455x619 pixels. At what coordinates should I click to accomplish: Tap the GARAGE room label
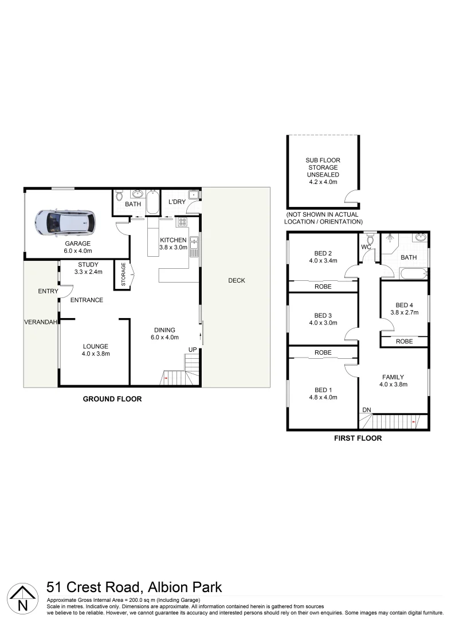pyautogui.click(x=77, y=244)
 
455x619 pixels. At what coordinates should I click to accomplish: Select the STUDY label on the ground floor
pyautogui.click(x=88, y=264)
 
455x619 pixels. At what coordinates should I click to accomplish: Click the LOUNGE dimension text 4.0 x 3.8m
pyautogui.click(x=95, y=354)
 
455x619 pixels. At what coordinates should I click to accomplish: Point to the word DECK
pyautogui.click(x=236, y=280)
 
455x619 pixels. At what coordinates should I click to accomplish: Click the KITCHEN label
pyautogui.click(x=173, y=240)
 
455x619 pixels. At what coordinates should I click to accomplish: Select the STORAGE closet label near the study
pyautogui.click(x=121, y=275)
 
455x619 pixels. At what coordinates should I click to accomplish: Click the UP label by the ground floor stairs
pyautogui.click(x=193, y=349)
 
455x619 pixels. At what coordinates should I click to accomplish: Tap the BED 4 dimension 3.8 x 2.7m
pyautogui.click(x=405, y=312)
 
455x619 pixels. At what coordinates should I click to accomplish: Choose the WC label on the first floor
pyautogui.click(x=366, y=247)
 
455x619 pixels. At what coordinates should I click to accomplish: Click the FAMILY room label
pyautogui.click(x=393, y=377)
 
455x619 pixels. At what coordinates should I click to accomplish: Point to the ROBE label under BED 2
pyautogui.click(x=323, y=286)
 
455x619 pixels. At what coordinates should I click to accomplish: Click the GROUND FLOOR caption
pyautogui.click(x=112, y=399)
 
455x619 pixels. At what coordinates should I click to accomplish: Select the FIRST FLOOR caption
pyautogui.click(x=358, y=438)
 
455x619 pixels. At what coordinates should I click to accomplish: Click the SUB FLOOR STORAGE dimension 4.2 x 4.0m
pyautogui.click(x=323, y=182)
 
